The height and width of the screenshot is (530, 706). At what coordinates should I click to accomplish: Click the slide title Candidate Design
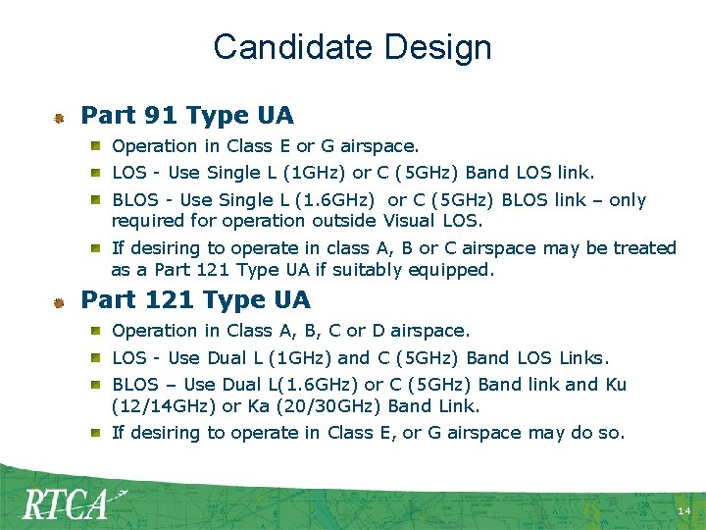pos(352,47)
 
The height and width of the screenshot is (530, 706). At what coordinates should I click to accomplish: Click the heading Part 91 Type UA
pos(186,116)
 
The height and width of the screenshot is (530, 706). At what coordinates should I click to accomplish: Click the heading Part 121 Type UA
pos(195,299)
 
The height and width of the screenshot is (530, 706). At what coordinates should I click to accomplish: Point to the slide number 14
pos(683,512)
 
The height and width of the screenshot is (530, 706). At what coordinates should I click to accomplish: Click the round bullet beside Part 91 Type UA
pos(59,118)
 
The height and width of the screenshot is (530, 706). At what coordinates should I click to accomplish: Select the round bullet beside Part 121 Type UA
pos(59,301)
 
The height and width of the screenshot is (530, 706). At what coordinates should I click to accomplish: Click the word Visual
pos(412,220)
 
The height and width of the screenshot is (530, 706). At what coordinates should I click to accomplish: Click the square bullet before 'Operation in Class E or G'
pos(99,146)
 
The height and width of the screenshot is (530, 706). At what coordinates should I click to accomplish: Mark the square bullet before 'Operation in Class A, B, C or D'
pos(99,331)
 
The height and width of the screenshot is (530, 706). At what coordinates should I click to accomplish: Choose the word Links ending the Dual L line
pos(582,358)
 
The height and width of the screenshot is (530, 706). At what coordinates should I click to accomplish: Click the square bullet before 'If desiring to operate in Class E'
pos(99,432)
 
